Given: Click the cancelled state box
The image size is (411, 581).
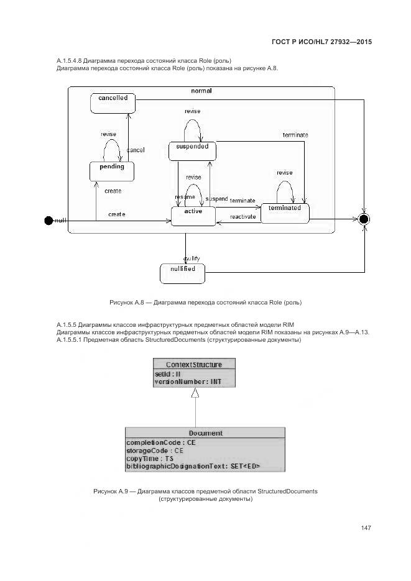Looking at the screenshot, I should [x=113, y=103].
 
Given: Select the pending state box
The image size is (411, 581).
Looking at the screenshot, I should [x=112, y=171].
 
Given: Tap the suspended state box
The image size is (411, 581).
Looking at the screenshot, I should [x=192, y=150].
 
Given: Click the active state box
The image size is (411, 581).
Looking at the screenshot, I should [x=193, y=216].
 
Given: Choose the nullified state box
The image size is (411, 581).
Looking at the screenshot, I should [x=182, y=272].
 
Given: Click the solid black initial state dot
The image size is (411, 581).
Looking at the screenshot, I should [x=49, y=220].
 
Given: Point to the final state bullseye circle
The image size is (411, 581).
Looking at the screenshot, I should [x=364, y=219].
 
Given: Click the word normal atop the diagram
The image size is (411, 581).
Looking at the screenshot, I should [x=201, y=91].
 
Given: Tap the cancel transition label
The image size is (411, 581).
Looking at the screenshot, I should [x=136, y=150].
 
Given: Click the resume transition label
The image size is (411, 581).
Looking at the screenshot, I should [x=184, y=196].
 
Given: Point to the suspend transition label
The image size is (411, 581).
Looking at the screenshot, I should [x=216, y=198].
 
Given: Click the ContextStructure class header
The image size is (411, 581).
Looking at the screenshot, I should [x=194, y=364].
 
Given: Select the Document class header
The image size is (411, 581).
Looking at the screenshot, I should [x=205, y=433].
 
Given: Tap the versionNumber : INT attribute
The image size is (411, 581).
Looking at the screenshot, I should [x=187, y=382].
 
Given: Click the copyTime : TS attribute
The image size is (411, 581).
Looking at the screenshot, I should [x=150, y=458].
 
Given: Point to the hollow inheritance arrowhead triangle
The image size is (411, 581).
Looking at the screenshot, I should [x=195, y=394].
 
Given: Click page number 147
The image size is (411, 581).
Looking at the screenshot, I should [x=366, y=528].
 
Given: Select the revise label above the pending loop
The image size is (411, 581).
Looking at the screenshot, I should [x=108, y=134].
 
